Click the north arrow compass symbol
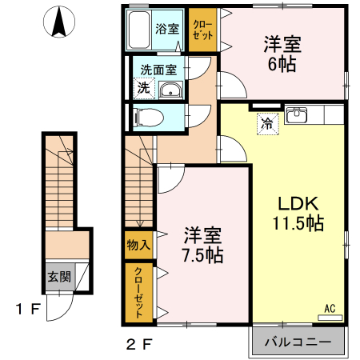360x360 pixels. pyautogui.click(x=59, y=22)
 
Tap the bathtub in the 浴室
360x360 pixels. pyautogui.click(x=140, y=30)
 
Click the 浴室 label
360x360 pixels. pyautogui.click(x=167, y=29)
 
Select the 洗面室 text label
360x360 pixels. pyautogui.click(x=158, y=70)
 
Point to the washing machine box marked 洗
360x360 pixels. pyautogui.click(x=144, y=88)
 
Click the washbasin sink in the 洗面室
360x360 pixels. pyautogui.click(x=170, y=90)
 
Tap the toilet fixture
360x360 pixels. pyautogui.click(x=148, y=117)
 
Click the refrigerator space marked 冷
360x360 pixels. pyautogui.click(x=268, y=124)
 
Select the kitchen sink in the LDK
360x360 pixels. pyautogui.click(x=296, y=115)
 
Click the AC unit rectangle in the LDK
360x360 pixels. pyautogui.click(x=330, y=318)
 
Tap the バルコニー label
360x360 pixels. pyautogui.click(x=298, y=342)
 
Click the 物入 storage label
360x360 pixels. pyautogui.click(x=138, y=245)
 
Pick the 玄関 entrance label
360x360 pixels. pyautogui.click(x=59, y=277)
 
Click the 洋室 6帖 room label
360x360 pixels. pyautogui.click(x=282, y=54)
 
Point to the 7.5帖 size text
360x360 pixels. pyautogui.click(x=203, y=255)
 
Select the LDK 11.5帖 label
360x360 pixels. pyautogui.click(x=298, y=213)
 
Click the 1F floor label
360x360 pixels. pyautogui.click(x=28, y=309)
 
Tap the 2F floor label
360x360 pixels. pyautogui.click(x=139, y=344)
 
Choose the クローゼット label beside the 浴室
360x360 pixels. pyautogui.click(x=202, y=30)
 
